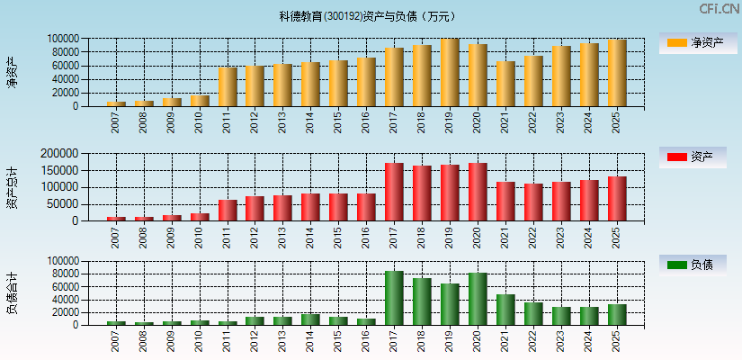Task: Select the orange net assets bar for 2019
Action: (x=450, y=73)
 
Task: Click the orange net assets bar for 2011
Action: (x=228, y=87)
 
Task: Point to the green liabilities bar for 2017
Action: (x=394, y=298)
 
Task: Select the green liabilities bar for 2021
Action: (x=505, y=310)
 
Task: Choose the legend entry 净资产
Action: (x=693, y=42)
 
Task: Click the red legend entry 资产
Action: (x=693, y=157)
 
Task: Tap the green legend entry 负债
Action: (x=693, y=265)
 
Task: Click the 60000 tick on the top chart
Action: (x=78, y=66)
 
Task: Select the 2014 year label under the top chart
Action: (x=311, y=122)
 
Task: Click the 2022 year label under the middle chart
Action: (x=534, y=237)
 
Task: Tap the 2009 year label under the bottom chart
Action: (x=172, y=341)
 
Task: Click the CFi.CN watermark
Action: (x=719, y=9)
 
